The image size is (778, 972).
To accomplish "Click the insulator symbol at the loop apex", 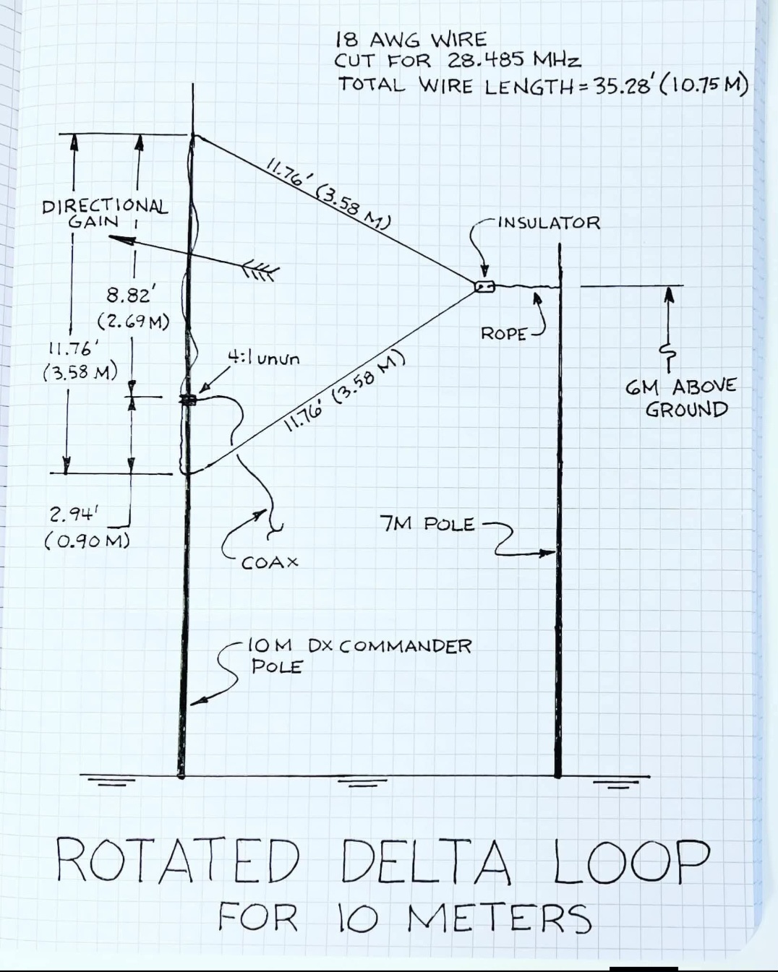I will [484, 286].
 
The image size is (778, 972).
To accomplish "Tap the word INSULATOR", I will [549, 223].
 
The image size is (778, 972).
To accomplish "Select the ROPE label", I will [503, 333].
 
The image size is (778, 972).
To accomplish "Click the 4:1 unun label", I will [263, 358].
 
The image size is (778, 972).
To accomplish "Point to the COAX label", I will [269, 562].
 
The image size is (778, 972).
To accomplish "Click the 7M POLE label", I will [427, 524].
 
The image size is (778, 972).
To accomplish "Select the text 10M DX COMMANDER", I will [360, 645].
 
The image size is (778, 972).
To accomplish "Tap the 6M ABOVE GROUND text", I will [680, 397].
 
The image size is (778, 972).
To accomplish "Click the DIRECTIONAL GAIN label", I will [105, 214].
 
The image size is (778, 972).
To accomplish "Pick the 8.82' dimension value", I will [130, 296].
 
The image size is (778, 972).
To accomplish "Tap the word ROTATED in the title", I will [178, 861].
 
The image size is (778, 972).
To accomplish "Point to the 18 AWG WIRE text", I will [411, 38].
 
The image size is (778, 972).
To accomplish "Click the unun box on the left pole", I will [189, 400].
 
